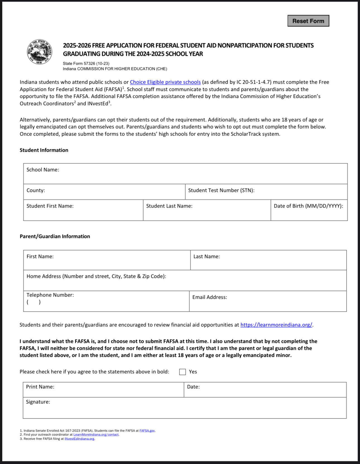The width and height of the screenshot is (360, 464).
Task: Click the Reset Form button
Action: (308, 21)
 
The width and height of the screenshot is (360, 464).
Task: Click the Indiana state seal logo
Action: (39, 52)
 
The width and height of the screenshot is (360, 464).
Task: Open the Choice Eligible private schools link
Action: (165, 82)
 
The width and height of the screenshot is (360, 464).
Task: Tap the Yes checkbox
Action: (183, 372)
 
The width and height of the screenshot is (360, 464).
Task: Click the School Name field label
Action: (43, 170)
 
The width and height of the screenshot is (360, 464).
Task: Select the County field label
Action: (36, 190)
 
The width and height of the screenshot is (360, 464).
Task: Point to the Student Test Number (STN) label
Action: (221, 190)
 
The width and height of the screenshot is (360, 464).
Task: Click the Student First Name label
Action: (50, 206)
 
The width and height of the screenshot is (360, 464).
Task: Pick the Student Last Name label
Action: (169, 206)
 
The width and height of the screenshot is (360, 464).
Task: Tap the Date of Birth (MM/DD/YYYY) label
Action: (308, 206)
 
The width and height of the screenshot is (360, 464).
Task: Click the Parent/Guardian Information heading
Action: (55, 236)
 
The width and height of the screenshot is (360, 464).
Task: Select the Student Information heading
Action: (44, 150)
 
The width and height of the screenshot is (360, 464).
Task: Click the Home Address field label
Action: (96, 276)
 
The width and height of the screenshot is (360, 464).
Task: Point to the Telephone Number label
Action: (50, 295)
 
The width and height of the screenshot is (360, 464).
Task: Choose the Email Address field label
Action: (210, 297)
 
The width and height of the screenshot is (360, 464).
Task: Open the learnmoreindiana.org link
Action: (276, 325)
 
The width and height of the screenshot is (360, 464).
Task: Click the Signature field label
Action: (38, 402)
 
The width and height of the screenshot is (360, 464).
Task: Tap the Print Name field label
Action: (40, 387)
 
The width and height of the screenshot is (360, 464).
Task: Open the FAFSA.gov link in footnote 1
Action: (147, 431)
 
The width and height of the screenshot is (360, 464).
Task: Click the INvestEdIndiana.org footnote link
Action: (80, 439)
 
